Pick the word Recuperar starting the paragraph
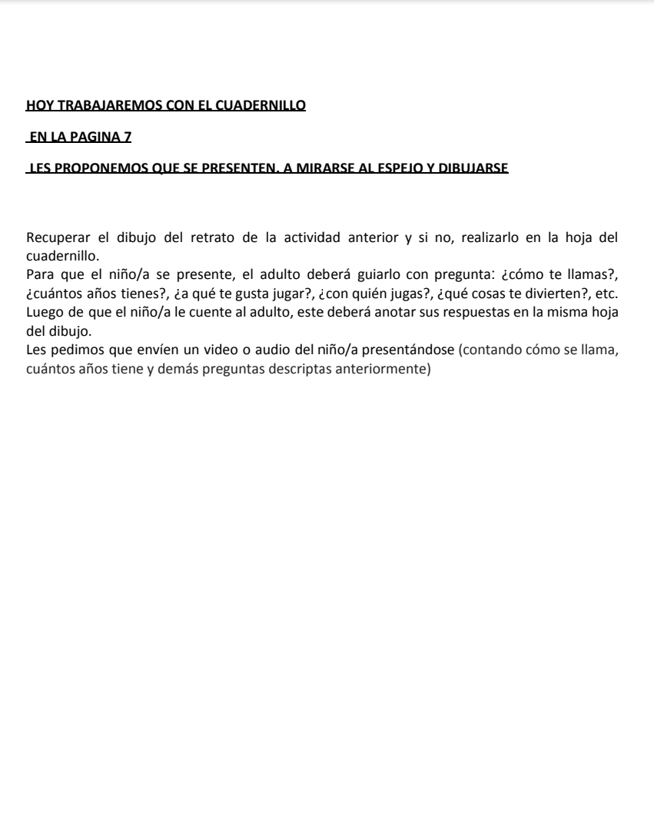(x=55, y=237)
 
